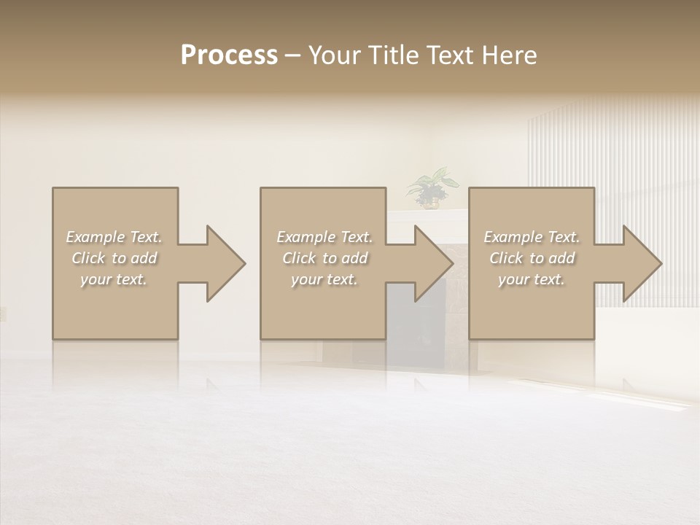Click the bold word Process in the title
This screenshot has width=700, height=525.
tap(229, 55)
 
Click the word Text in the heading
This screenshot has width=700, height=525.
tap(450, 55)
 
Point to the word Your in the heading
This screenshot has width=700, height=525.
tap(334, 55)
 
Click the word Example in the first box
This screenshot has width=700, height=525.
tap(95, 237)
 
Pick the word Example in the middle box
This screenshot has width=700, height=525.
tap(306, 237)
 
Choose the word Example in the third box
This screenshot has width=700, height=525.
tap(513, 237)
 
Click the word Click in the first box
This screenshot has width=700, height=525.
tap(87, 258)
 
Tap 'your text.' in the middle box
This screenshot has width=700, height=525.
tap(324, 279)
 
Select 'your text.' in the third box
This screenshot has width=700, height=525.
tap(531, 279)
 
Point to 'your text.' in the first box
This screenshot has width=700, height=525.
tap(114, 279)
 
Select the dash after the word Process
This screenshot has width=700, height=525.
tap(293, 55)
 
